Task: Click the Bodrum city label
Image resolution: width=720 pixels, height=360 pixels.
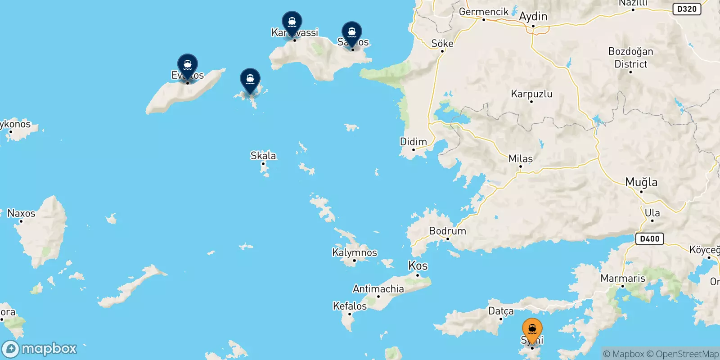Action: tap(447, 231)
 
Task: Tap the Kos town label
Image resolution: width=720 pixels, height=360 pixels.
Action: tap(418, 265)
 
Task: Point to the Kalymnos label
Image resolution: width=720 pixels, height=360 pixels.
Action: tap(355, 252)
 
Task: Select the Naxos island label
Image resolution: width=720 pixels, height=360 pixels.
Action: tap(21, 213)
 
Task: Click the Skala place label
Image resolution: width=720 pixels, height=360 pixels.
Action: tap(263, 156)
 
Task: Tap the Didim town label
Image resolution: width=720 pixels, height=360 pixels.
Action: tap(413, 142)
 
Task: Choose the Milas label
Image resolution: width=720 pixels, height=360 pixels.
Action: tap(521, 159)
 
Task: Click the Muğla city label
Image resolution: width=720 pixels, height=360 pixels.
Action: tap(641, 182)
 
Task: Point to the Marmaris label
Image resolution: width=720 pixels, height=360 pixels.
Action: tap(623, 279)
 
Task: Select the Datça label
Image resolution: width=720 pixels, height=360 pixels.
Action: tap(501, 311)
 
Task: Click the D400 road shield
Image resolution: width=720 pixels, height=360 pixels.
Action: tap(650, 239)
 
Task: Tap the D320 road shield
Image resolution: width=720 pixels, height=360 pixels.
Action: tap(687, 9)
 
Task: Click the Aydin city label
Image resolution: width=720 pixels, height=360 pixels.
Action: tap(533, 17)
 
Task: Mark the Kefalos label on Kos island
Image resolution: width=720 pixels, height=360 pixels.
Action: tap(350, 306)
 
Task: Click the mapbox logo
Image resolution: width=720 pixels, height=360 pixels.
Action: tap(40, 349)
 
